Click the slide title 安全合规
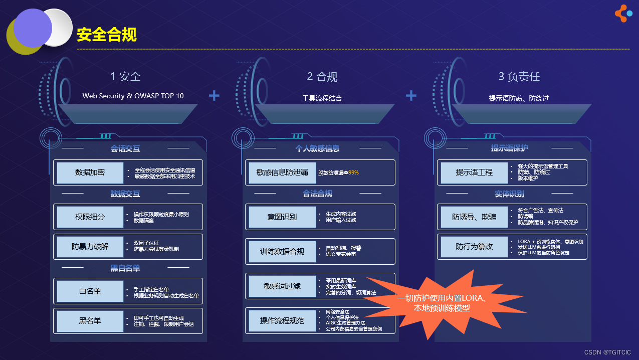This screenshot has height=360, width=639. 106,35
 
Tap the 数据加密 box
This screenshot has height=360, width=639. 90,172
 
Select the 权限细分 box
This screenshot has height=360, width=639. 90,217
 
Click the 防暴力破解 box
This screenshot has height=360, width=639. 90,247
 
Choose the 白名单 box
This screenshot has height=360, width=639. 90,291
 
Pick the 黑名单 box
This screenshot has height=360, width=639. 90,321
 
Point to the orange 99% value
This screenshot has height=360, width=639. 353,173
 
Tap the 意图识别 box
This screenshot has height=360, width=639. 282,217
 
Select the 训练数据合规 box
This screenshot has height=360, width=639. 282,251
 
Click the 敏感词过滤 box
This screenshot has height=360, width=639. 282,286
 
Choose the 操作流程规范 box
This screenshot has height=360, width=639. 282,321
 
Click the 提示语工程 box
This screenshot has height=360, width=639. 474,172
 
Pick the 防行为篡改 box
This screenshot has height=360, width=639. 474,247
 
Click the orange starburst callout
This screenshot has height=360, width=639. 441,303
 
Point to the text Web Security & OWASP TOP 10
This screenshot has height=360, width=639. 133,96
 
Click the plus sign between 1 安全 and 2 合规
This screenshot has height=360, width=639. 214,95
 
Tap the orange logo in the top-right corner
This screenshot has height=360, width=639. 623,14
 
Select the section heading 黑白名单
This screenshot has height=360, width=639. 125,268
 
